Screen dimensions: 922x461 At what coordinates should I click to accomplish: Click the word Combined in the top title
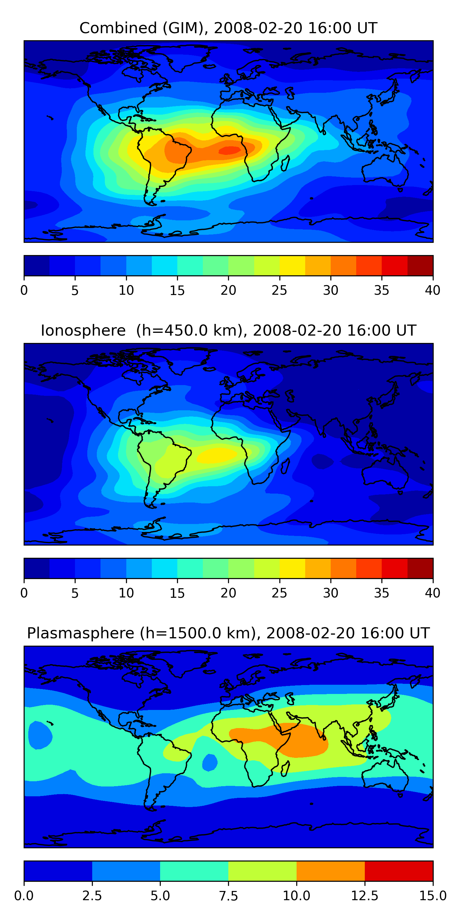(x=118, y=28)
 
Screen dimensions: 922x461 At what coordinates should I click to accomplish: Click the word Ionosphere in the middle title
(x=83, y=330)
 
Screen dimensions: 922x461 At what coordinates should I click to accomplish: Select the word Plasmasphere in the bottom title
(x=81, y=633)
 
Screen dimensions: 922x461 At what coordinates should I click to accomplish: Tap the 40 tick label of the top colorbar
(x=432, y=290)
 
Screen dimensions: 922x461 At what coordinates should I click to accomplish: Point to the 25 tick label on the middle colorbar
(x=279, y=593)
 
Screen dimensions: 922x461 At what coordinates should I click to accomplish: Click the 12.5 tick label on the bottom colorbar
(x=364, y=896)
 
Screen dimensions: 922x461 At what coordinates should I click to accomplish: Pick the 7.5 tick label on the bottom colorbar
(x=228, y=896)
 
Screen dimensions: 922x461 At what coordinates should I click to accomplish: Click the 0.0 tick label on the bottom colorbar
(x=24, y=896)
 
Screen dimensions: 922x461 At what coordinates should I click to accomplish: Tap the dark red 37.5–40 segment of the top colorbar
(x=420, y=266)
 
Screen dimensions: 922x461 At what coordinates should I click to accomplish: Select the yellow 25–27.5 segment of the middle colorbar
(x=292, y=568)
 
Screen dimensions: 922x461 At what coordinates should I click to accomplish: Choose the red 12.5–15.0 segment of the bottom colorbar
(x=399, y=871)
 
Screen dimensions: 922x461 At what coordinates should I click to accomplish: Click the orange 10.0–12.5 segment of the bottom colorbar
(x=330, y=871)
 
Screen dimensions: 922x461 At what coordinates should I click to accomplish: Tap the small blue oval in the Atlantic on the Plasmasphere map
(x=210, y=762)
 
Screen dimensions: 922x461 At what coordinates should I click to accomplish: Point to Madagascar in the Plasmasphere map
(x=285, y=768)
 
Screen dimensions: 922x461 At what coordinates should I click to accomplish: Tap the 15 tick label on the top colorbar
(x=177, y=290)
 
